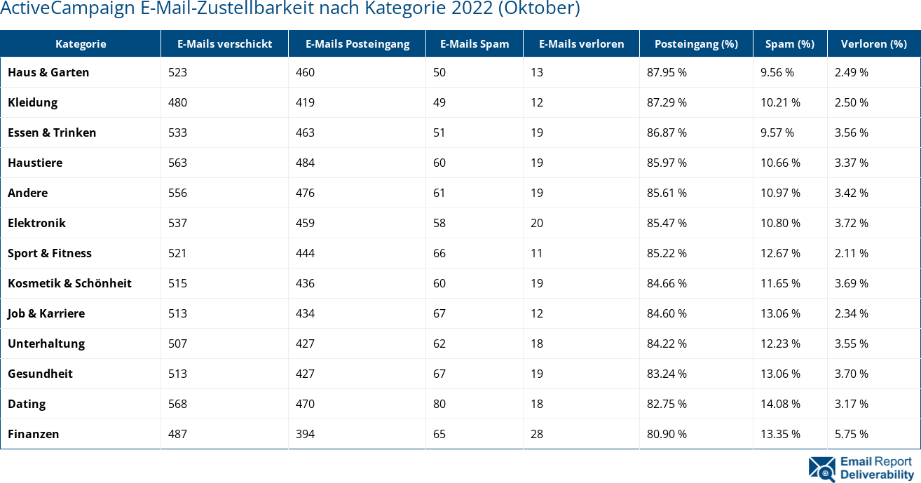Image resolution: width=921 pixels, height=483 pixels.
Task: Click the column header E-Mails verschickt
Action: click(x=224, y=43)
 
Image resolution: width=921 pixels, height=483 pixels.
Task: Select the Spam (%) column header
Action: click(x=789, y=43)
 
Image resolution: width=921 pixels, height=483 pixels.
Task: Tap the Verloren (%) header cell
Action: click(x=873, y=43)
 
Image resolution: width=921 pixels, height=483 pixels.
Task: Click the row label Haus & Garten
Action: click(x=48, y=72)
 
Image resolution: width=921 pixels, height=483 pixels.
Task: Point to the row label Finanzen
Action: click(x=33, y=434)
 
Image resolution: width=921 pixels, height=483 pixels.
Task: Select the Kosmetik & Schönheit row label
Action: click(x=69, y=283)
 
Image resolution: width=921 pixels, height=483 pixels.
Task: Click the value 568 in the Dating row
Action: click(x=177, y=404)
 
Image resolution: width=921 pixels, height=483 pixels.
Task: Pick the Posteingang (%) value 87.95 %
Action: click(x=667, y=72)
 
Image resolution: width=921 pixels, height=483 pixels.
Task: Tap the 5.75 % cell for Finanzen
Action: click(x=851, y=434)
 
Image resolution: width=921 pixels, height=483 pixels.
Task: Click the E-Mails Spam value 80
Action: click(x=439, y=404)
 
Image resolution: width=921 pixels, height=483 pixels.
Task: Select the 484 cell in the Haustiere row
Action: click(x=305, y=163)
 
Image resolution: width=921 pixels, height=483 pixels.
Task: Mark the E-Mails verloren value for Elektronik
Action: click(x=537, y=223)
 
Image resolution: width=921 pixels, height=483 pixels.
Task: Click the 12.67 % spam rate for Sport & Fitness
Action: click(x=780, y=253)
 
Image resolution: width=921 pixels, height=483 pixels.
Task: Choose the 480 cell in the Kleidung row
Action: click(x=177, y=102)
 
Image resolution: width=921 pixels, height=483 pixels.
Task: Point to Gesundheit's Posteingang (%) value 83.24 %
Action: click(x=667, y=374)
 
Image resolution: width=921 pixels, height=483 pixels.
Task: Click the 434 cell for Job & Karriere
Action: click(x=305, y=313)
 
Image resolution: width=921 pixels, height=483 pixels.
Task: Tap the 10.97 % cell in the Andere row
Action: click(x=780, y=193)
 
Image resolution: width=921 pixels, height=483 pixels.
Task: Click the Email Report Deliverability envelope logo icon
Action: click(x=821, y=469)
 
